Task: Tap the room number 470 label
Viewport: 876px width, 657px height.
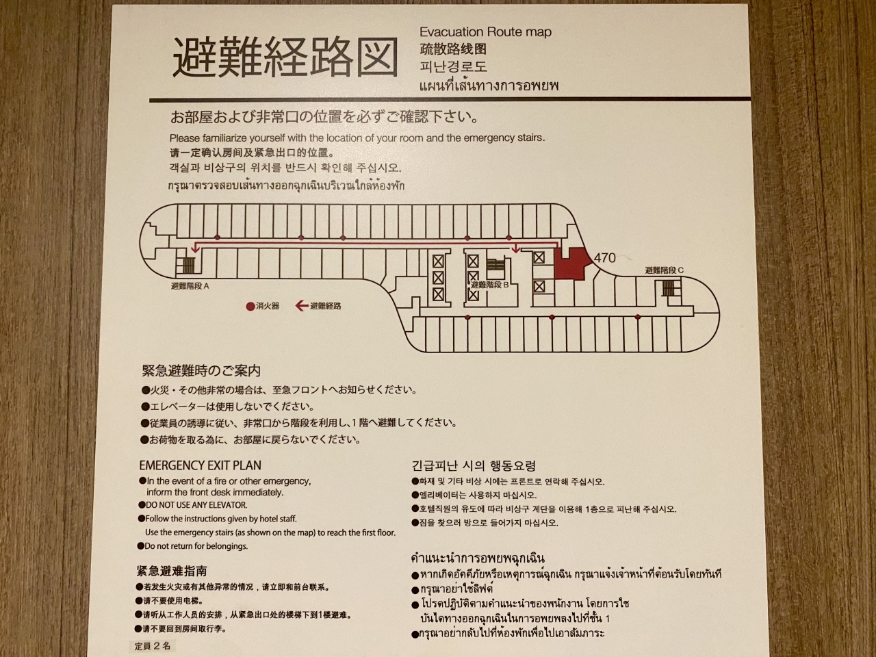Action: (x=604, y=258)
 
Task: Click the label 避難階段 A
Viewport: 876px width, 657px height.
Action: (x=190, y=286)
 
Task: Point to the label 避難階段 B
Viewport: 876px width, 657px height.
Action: (x=490, y=285)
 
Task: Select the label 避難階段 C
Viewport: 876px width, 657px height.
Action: (x=664, y=270)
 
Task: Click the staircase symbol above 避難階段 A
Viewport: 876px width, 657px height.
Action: (x=188, y=266)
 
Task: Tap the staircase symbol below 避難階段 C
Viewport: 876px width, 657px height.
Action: (x=668, y=287)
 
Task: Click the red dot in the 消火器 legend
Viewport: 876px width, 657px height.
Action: (x=250, y=307)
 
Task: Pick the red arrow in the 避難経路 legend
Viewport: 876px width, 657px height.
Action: (x=302, y=306)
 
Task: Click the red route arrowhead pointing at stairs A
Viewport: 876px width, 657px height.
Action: (x=195, y=249)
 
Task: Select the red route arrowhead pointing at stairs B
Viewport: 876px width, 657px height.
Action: (x=516, y=249)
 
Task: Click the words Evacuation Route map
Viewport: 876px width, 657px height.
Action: (x=485, y=32)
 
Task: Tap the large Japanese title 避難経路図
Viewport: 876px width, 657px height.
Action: (x=285, y=58)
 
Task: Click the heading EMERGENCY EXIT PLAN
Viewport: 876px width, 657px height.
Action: (x=200, y=465)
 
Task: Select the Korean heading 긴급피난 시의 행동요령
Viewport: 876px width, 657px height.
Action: (x=474, y=465)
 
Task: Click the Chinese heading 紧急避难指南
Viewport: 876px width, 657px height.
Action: (x=172, y=571)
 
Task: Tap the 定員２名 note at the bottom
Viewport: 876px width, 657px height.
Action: (x=152, y=646)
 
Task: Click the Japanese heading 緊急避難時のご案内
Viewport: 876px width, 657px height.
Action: (x=201, y=371)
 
